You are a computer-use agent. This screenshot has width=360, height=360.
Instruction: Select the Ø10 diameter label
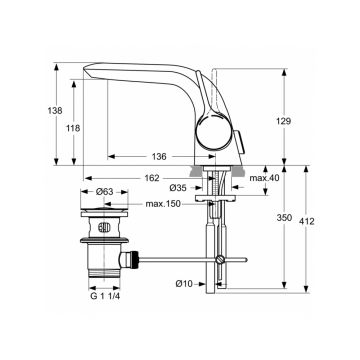pyautogui.click(x=184, y=285)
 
